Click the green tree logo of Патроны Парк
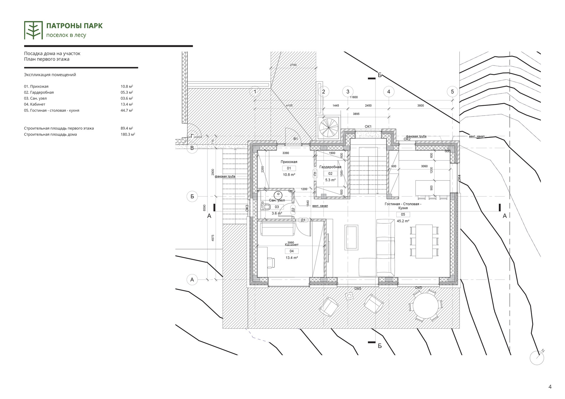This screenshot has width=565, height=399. click(x=33, y=30)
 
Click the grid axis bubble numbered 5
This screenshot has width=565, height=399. click(x=452, y=91)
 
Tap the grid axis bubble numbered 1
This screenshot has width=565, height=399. click(x=255, y=92)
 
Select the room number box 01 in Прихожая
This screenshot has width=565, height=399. click(x=289, y=168)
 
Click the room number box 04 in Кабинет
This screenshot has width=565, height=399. click(x=292, y=251)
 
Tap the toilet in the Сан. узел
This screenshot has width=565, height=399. click(x=267, y=207)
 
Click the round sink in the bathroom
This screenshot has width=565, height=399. click(x=278, y=195)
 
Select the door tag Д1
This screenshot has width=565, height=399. click(x=303, y=220)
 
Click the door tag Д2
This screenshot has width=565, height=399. click(x=293, y=210)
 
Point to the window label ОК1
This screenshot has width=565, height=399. click(x=368, y=126)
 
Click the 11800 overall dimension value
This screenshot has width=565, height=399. click(x=353, y=97)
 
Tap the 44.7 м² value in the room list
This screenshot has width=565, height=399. click(x=127, y=111)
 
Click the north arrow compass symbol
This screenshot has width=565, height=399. click(x=537, y=358)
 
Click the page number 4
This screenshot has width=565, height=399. click(x=550, y=387)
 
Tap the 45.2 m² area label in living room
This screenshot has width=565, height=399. click(x=403, y=221)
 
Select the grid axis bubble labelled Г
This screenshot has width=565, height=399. click(x=192, y=136)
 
